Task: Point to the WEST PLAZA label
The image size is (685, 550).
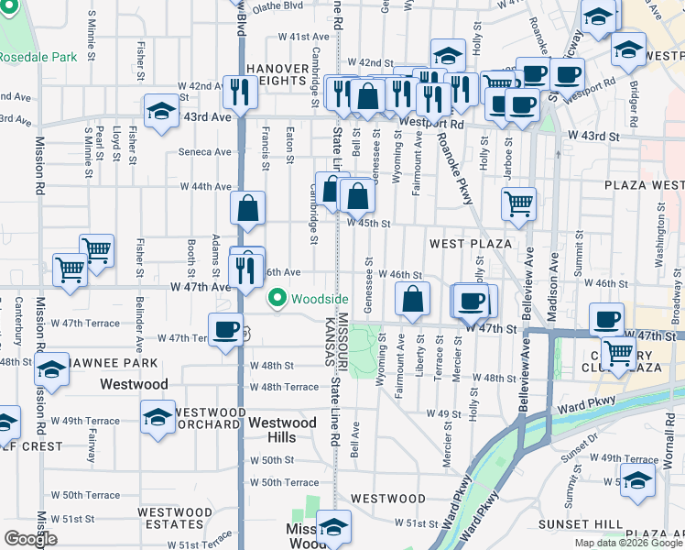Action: click(x=470, y=243)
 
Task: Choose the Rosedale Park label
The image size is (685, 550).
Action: click(x=38, y=57)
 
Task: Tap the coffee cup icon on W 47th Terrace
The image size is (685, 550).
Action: click(x=225, y=330)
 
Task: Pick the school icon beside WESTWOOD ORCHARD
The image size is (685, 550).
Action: click(x=158, y=417)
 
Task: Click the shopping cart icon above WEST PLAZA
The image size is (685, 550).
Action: click(x=518, y=203)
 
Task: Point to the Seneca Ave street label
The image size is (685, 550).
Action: click(x=205, y=152)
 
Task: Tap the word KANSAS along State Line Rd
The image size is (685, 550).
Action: click(x=327, y=340)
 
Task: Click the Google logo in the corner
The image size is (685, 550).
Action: click(x=30, y=538)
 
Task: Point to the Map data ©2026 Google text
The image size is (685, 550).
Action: click(x=628, y=543)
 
